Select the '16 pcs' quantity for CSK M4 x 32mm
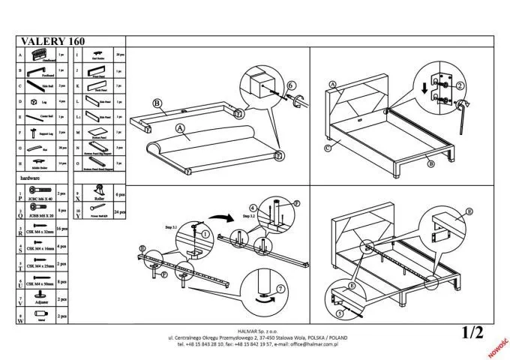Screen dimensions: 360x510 [63, 232]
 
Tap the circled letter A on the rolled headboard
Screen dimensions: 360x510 [181, 128]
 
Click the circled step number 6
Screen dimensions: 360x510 [292, 85]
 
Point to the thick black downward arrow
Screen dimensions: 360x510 [425, 88]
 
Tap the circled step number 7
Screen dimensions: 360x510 [280, 289]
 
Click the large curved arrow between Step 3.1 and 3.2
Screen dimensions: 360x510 [222, 217]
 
